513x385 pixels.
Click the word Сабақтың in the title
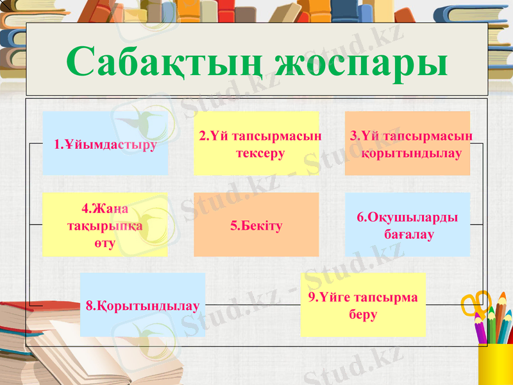pyautogui.click(x=164, y=62)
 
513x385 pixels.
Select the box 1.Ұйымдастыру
pyautogui.click(x=105, y=143)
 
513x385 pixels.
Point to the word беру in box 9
pyautogui.click(x=363, y=314)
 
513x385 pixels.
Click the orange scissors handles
pyautogui.click(x=475, y=302)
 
